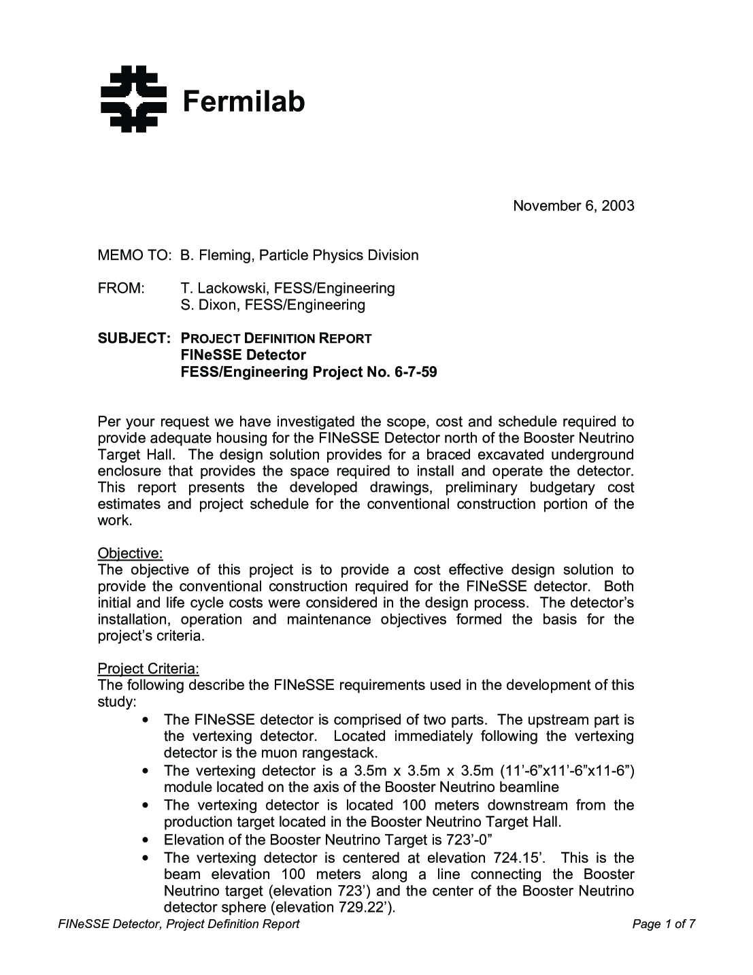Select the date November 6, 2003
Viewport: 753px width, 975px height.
point(573,205)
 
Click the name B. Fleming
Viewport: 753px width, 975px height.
point(214,255)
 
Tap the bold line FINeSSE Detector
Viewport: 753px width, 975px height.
point(243,355)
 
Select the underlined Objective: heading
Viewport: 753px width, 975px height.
point(130,552)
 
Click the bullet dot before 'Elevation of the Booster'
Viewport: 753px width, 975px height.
point(146,840)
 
